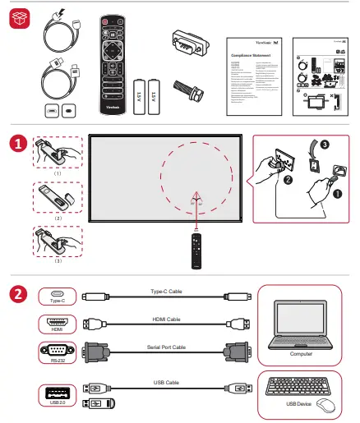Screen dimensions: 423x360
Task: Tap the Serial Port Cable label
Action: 168,347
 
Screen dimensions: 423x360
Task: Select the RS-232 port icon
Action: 57,348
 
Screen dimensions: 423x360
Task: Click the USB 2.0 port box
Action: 57,392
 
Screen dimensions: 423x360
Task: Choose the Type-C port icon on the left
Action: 57,293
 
